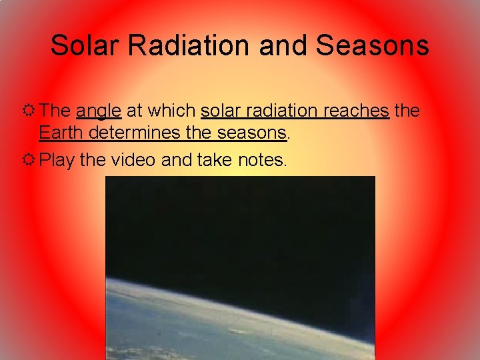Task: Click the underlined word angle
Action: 99,111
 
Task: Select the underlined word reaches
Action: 356,111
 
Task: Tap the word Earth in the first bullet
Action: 61,133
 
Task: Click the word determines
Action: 135,133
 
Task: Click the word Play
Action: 57,160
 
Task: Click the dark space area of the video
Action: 240,227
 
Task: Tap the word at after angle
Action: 134,111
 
